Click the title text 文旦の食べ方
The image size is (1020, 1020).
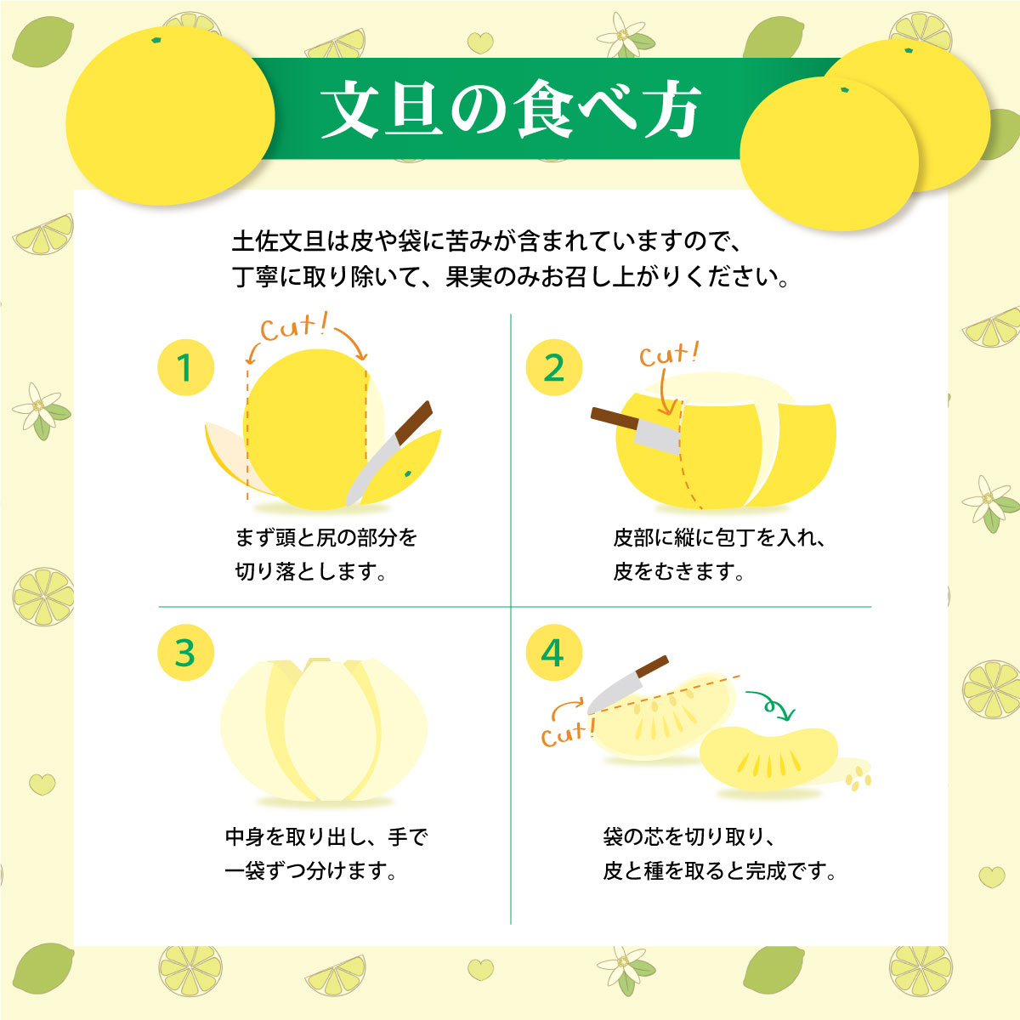510,110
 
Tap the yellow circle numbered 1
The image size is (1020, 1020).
185,368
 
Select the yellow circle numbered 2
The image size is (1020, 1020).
553,368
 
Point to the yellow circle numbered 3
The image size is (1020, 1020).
185,653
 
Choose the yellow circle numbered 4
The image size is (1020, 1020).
553,653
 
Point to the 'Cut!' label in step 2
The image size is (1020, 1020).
668,354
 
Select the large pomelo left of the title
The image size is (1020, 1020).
170,115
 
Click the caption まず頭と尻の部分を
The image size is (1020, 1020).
326,538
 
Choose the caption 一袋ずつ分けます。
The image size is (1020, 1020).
311,871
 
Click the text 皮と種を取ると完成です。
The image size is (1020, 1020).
719,871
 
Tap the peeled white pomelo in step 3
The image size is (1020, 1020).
323,731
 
